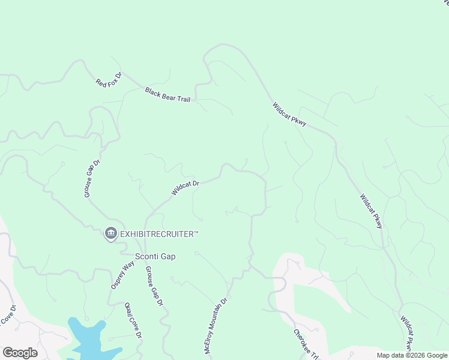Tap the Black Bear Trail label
167,94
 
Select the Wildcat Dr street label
185,188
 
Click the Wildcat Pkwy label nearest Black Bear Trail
289,114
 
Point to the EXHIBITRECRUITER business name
159,233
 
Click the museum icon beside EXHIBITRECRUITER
110,233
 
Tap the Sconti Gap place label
155,256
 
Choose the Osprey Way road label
122,275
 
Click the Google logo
20,353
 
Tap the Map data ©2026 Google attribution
412,355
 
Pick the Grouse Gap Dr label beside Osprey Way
154,286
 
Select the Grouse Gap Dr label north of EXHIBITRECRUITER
92,178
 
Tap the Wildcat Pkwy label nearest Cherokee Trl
407,333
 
